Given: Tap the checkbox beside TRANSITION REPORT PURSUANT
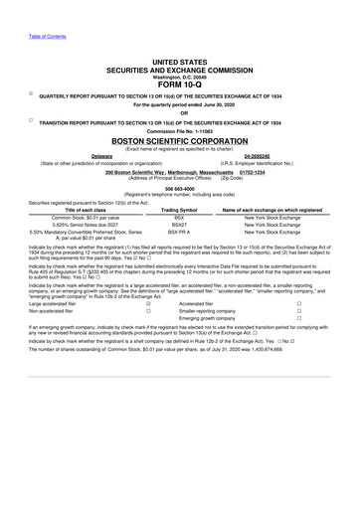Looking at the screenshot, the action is (x=31, y=120).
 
